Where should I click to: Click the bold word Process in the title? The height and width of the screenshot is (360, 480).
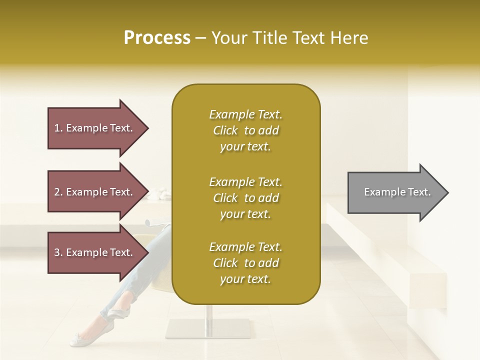pos(157,38)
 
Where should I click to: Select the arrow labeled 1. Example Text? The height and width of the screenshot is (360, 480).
pos(95,128)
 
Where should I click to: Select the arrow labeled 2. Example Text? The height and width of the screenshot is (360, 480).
pos(95,192)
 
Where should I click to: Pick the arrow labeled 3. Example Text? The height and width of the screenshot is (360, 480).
pos(95,252)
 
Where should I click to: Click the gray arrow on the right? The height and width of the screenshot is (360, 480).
pos(395,192)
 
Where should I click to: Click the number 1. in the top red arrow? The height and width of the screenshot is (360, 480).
pos(58,128)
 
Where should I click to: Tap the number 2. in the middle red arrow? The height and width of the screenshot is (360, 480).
pos(58,192)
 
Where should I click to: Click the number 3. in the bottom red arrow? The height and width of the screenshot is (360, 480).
pos(58,252)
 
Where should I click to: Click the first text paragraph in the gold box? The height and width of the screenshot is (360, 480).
pos(245,130)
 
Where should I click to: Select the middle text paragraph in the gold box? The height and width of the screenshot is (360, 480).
pos(245,198)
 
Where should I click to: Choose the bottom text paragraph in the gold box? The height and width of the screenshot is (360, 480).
pos(245,263)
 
